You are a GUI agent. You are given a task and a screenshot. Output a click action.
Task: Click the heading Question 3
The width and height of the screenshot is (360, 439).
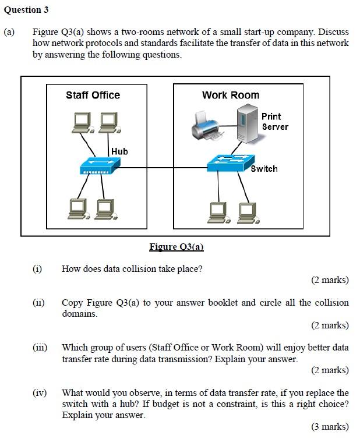(x=26, y=10)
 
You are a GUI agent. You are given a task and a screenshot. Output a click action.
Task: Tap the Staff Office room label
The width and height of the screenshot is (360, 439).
(x=93, y=95)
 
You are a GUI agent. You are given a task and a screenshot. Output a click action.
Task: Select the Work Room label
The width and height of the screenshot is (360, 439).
(x=231, y=95)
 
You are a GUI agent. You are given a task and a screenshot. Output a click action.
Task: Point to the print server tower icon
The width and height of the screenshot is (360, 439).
(x=247, y=123)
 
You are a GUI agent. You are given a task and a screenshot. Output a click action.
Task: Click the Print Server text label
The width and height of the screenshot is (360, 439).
(x=275, y=122)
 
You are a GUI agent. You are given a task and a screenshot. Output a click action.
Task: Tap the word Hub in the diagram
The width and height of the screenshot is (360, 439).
(x=119, y=151)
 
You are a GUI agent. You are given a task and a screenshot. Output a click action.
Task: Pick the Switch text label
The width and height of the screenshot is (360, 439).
(x=264, y=169)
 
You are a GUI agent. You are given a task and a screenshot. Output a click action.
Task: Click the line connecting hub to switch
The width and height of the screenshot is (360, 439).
(x=163, y=168)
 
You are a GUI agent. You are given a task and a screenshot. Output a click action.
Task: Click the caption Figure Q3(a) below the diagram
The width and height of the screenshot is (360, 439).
(x=177, y=247)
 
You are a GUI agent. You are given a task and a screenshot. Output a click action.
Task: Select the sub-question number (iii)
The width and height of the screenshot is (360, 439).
(x=39, y=348)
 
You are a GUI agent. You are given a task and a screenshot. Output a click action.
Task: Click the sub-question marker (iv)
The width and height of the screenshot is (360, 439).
(x=39, y=393)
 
